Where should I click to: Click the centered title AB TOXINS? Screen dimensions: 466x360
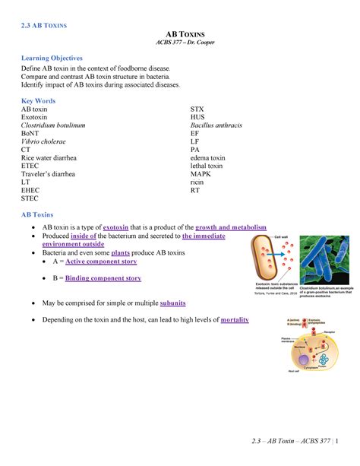tap(180, 36)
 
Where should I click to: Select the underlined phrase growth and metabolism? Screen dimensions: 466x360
tap(231, 228)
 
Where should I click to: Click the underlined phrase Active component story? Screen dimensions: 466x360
tap(101, 261)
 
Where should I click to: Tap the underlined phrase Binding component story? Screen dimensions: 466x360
tap(103, 278)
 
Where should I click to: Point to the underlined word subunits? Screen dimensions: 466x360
tap(169, 303)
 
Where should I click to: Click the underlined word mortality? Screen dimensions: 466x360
tap(234, 320)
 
